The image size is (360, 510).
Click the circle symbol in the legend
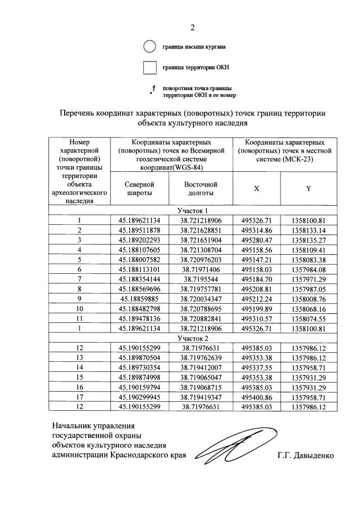point(149,47)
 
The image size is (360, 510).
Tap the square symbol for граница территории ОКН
point(149,68)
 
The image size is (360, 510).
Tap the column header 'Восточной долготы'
point(201,189)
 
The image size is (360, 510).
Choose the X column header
point(256,189)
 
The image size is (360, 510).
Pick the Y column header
point(309,189)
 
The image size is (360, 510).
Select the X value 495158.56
point(256,250)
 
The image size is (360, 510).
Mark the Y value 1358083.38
point(309,260)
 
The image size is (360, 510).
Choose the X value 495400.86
point(256,398)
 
